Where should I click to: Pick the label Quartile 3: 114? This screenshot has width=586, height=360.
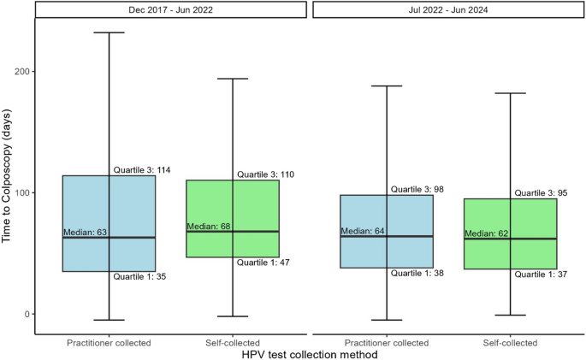click(141, 170)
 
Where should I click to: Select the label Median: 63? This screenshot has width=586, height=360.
click(84, 232)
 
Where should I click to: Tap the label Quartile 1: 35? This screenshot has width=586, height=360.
click(140, 276)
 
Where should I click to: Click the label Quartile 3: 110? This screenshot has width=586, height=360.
click(265, 174)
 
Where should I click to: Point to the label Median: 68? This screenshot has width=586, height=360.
click(209, 227)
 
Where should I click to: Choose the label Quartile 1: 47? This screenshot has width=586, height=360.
click(264, 262)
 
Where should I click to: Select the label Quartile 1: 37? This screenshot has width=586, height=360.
click(541, 274)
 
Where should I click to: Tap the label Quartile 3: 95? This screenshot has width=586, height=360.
click(541, 193)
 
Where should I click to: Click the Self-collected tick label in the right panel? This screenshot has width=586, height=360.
click(510, 343)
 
